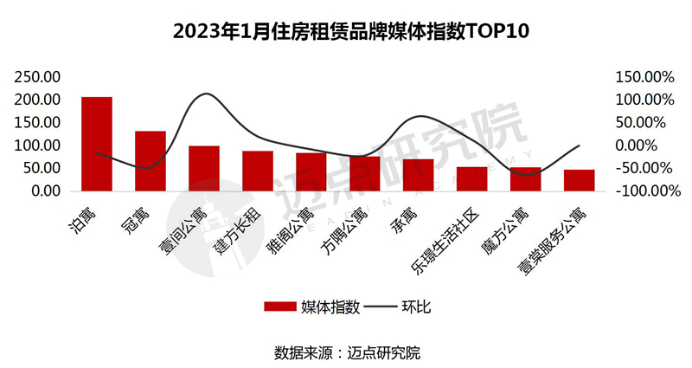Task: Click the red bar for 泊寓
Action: [x=97, y=144]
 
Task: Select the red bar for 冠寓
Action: [x=151, y=161]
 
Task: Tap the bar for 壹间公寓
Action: [x=204, y=168]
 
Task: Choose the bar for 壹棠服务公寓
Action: [x=579, y=180]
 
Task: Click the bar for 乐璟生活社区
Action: [x=472, y=178]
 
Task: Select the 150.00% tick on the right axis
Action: [x=644, y=77]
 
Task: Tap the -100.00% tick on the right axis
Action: [x=644, y=190]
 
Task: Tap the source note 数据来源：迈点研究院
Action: [x=346, y=352]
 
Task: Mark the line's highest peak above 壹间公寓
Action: [x=204, y=94]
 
